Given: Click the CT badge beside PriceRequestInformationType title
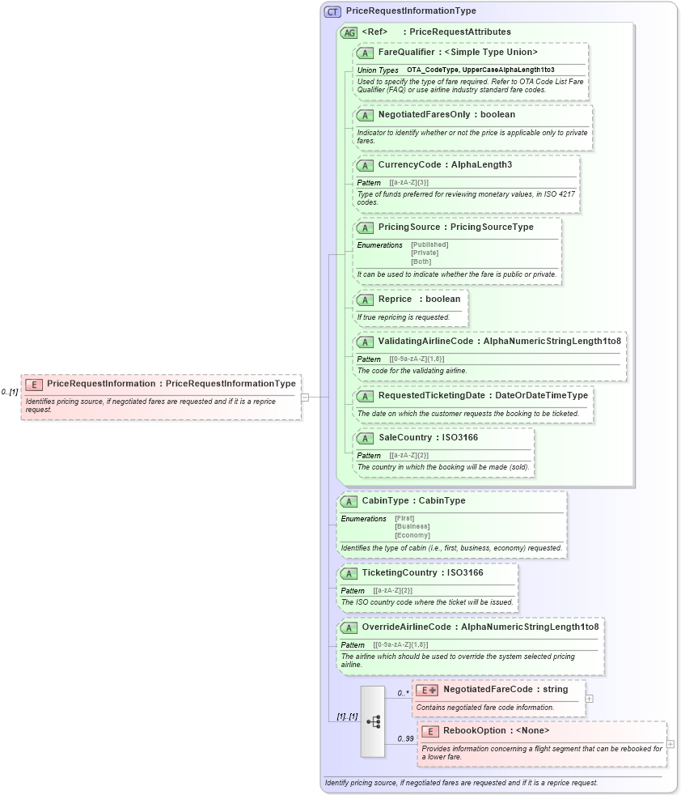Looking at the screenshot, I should (332, 11).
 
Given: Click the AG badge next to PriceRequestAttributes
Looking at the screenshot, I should (349, 32).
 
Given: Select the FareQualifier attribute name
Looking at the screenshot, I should (407, 53).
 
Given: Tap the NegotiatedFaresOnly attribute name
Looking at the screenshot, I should (424, 115).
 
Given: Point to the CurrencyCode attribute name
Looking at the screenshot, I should (410, 165).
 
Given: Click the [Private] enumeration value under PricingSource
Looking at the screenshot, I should (424, 253).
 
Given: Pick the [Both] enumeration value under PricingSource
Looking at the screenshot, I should (421, 261).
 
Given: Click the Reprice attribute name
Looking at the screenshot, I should (395, 300).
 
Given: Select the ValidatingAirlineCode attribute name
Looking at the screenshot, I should (425, 342).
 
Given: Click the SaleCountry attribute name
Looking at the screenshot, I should (405, 438).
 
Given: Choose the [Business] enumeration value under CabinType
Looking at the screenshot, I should (412, 526).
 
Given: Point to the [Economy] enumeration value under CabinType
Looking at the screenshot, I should (412, 535).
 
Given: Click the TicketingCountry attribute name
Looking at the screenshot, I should (400, 573).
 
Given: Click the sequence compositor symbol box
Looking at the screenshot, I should (373, 721).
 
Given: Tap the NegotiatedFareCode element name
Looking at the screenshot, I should (488, 690).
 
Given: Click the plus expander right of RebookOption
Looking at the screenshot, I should (670, 743).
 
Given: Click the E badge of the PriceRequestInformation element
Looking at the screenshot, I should (34, 384).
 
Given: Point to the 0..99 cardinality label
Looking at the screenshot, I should (406, 738).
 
